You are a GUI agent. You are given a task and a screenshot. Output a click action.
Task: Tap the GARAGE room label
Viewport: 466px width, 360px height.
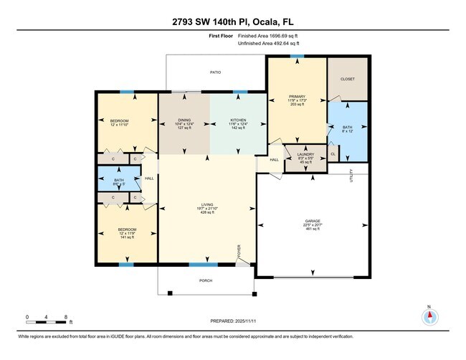pyautogui.click(x=312, y=221)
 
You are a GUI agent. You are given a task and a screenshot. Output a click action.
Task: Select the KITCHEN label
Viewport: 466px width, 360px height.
pyautogui.click(x=238, y=120)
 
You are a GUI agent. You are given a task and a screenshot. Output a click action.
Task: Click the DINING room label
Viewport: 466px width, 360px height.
pyautogui.click(x=184, y=120)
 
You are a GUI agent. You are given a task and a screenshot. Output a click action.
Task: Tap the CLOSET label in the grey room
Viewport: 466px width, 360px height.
pyautogui.click(x=347, y=79)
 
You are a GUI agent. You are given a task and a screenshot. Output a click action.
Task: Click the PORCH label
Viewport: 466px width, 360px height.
pyautogui.click(x=205, y=281)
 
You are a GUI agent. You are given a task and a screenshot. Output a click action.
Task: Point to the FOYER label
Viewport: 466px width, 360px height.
pyautogui.click(x=239, y=252)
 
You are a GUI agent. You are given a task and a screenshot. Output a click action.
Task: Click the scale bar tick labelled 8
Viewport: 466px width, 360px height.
pyautogui.click(x=65, y=316)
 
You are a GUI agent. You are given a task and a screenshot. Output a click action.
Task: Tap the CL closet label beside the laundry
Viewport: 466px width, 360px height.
pyautogui.click(x=333, y=153)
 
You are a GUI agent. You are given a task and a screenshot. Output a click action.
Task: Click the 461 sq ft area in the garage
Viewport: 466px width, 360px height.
pyautogui.click(x=312, y=229)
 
